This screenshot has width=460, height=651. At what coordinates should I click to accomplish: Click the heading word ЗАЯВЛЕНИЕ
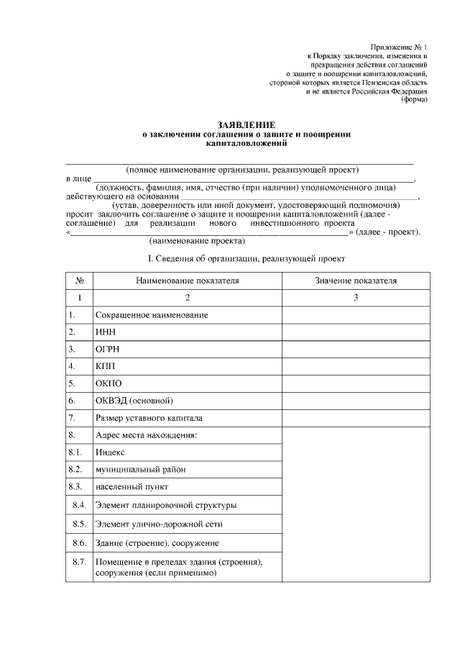[x=247, y=124]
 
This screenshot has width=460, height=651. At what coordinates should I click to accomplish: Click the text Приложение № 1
[x=398, y=47]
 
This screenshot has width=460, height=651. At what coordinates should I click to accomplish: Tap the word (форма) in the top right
[x=414, y=100]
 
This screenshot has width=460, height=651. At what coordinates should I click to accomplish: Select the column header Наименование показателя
[x=187, y=281]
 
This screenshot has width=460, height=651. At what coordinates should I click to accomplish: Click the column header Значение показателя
[x=356, y=281]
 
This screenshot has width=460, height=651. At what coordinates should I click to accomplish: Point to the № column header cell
[x=80, y=281]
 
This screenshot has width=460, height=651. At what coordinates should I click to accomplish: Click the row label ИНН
[x=105, y=332]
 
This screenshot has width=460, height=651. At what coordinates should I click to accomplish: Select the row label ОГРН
[x=107, y=349]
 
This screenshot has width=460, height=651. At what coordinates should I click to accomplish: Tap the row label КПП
[x=105, y=366]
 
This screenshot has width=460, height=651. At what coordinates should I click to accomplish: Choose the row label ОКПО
[x=108, y=383]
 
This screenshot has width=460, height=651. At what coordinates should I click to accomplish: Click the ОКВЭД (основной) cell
[x=134, y=401]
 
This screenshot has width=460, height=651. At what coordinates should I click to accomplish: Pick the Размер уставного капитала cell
[x=149, y=418]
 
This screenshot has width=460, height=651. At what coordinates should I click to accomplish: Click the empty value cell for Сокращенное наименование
[x=356, y=315]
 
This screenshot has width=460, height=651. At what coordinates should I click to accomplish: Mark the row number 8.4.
[x=80, y=505]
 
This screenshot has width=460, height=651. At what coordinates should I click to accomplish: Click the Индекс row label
[x=110, y=452]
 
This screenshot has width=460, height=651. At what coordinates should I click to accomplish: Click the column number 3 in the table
[x=356, y=298]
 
